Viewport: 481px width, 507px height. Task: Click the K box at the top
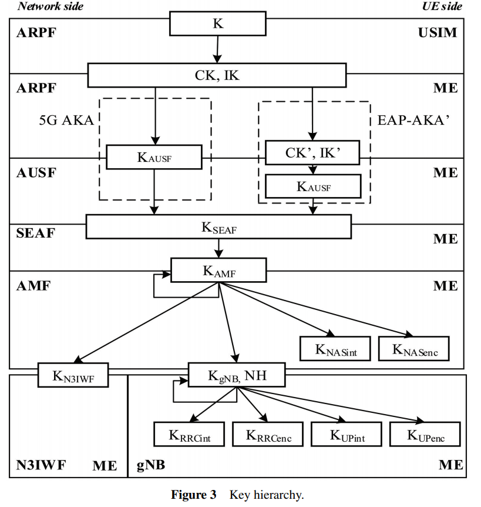pyautogui.click(x=217, y=24)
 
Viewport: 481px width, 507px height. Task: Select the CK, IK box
pyautogui.click(x=217, y=75)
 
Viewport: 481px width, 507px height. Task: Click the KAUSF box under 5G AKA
pyautogui.click(x=154, y=157)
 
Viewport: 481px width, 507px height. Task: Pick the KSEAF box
pyautogui.click(x=218, y=226)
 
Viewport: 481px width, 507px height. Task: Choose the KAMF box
pyautogui.click(x=218, y=270)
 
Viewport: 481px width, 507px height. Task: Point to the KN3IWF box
pyautogui.click(x=74, y=375)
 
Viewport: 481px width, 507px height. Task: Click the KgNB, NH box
pyautogui.click(x=237, y=375)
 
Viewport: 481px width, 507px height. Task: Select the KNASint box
pyautogui.click(x=336, y=348)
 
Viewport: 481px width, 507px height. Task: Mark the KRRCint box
pyautogui.click(x=190, y=434)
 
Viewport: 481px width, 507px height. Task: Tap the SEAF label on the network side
pyautogui.click(x=35, y=232)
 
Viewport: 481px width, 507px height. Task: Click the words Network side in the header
pyautogui.click(x=51, y=6)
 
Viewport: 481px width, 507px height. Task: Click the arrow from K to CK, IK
pyautogui.click(x=217, y=49)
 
